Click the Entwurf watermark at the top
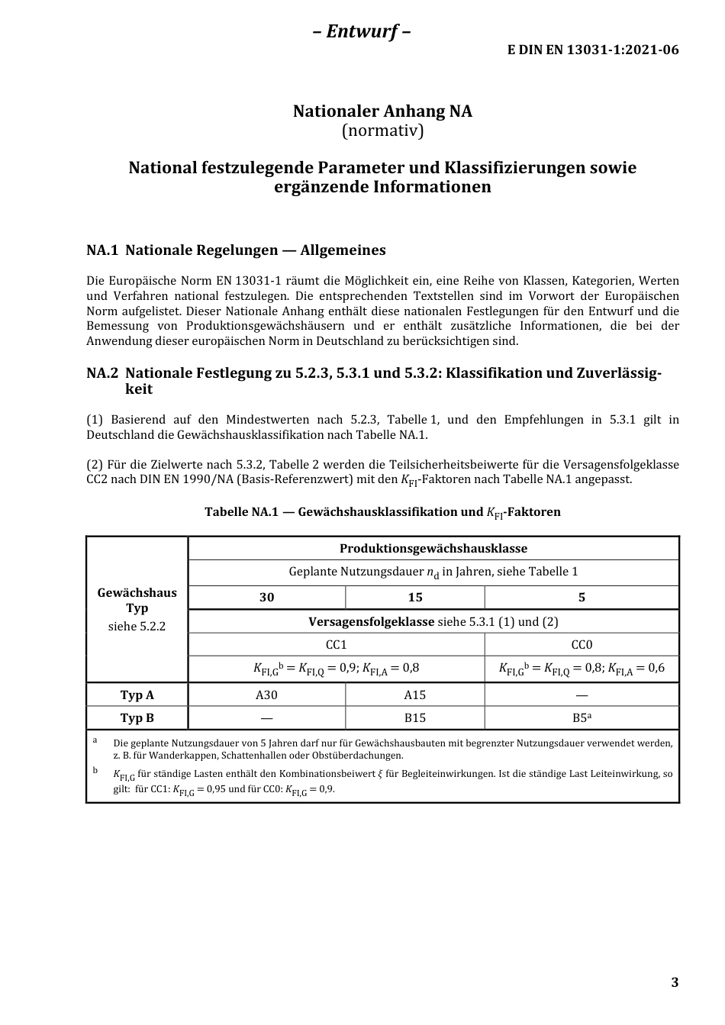(x=362, y=31)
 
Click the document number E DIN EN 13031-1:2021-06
(x=593, y=50)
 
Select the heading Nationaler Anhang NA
(x=382, y=111)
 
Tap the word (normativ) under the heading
(x=382, y=131)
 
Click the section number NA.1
(x=102, y=250)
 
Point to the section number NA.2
(x=102, y=373)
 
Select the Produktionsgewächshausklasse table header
(x=433, y=548)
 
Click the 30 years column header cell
(x=266, y=597)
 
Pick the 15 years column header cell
(x=414, y=597)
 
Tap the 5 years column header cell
(x=582, y=597)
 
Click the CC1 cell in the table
(x=336, y=644)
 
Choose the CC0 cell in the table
(x=582, y=644)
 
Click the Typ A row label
(x=137, y=695)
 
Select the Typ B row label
(x=137, y=717)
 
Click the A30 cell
(x=266, y=695)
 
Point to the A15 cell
(x=414, y=695)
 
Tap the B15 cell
(x=414, y=717)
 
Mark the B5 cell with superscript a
(x=582, y=717)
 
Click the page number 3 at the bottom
(x=674, y=982)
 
